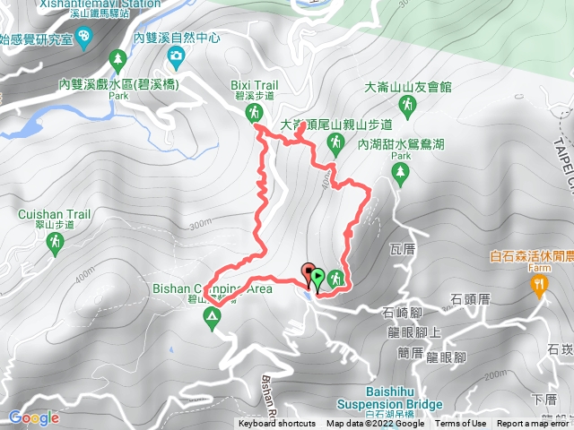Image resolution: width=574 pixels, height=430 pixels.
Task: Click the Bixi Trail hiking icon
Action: (255, 112)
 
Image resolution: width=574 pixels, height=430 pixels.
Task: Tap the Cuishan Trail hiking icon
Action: (56, 241)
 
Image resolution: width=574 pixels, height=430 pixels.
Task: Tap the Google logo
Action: (33, 417)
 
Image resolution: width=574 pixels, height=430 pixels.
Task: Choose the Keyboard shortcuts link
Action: (276, 424)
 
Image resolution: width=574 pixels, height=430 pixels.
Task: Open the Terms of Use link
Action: (461, 424)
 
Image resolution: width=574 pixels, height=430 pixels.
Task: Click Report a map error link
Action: (534, 424)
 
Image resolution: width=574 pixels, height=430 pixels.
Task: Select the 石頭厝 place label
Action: (469, 298)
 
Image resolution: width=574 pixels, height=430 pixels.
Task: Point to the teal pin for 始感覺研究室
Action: (85, 37)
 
